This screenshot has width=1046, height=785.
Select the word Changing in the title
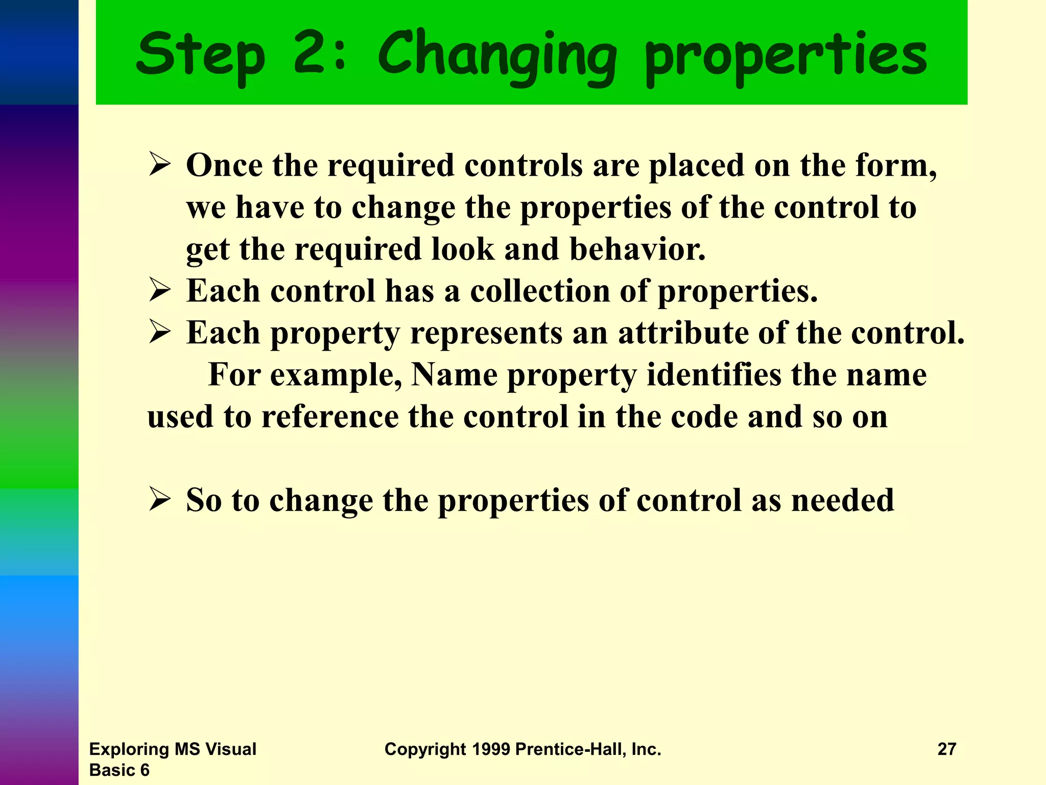tap(497, 56)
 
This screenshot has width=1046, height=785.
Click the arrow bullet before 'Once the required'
tap(159, 165)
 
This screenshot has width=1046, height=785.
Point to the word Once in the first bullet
tap(224, 166)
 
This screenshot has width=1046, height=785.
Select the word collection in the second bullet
tap(540, 291)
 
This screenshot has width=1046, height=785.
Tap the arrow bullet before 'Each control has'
tap(159, 291)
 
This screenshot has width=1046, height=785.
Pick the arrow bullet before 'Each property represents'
tap(159, 333)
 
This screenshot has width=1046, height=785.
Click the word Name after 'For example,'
tap(454, 375)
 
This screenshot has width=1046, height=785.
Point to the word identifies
tap(714, 375)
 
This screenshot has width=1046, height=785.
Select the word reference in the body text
tap(329, 417)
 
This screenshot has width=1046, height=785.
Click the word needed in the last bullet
tap(842, 500)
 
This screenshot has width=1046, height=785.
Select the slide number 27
tap(946, 749)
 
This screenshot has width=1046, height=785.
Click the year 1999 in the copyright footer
tap(490, 749)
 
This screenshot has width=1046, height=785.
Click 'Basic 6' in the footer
tap(119, 770)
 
